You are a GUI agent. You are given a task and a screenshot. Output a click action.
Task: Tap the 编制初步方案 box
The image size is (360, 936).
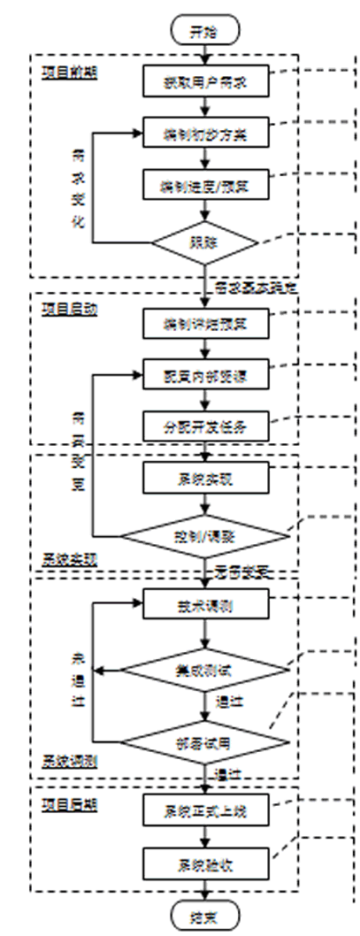[x=205, y=134]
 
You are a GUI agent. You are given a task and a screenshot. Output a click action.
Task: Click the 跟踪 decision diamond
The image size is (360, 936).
[x=205, y=240]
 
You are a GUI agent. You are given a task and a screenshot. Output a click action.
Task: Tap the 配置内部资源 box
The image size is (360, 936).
[x=205, y=375]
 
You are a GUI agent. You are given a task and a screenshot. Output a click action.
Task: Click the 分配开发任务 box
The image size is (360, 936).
[x=205, y=426]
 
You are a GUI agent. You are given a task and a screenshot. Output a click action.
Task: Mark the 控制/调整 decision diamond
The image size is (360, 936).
[x=205, y=534]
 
